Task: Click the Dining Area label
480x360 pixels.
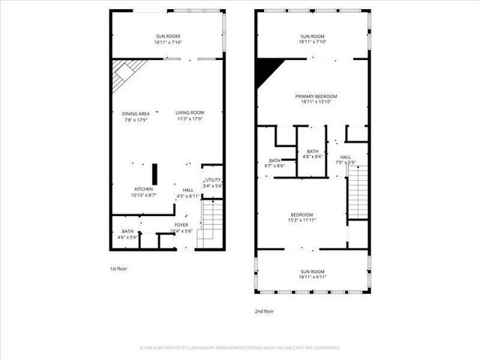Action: tap(135, 116)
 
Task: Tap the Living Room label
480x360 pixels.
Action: tap(190, 116)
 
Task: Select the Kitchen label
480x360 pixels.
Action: tap(143, 192)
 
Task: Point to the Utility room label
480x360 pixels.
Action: tap(213, 183)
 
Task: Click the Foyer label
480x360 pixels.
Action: tap(181, 228)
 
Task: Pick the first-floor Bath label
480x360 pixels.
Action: tap(127, 234)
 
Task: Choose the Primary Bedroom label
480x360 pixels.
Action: tap(316, 100)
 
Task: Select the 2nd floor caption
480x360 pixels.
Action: tap(264, 310)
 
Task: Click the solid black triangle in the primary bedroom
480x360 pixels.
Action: tap(266, 70)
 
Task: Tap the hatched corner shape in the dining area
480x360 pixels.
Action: tap(124, 72)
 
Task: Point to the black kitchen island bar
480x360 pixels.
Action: tap(155, 172)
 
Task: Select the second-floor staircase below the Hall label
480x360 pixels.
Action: tap(358, 191)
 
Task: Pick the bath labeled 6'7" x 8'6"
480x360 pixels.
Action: tap(275, 163)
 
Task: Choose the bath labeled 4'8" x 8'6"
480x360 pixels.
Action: tap(313, 154)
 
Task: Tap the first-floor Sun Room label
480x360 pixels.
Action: tap(167, 39)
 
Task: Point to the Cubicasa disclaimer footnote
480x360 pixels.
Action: tap(240, 348)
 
